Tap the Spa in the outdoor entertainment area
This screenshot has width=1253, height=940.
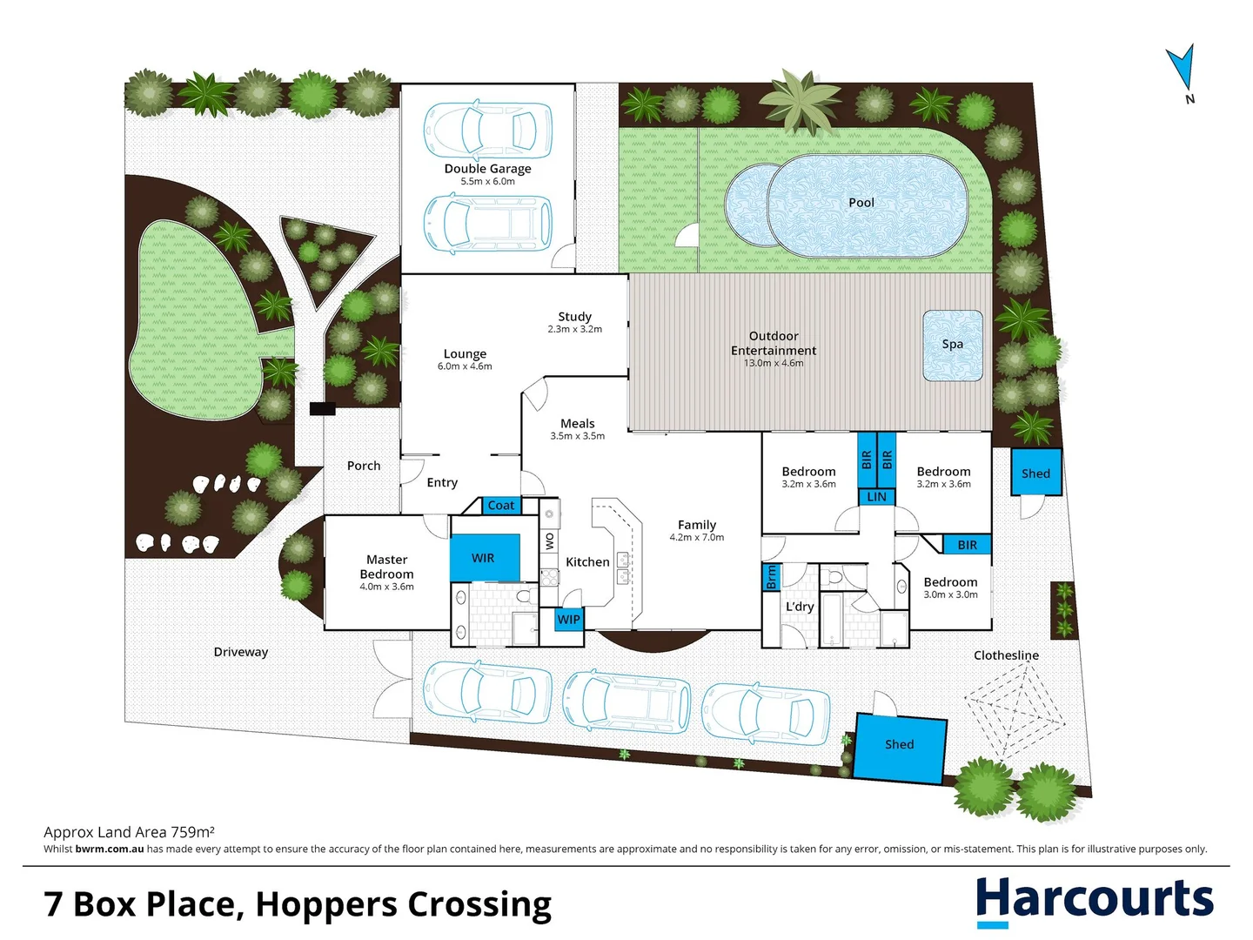coord(953,346)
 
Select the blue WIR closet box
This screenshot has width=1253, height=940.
coord(486,558)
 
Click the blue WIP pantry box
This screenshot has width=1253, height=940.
coord(568,619)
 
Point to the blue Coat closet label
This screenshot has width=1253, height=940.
coord(500,505)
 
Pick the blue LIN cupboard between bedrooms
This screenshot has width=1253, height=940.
coord(877,496)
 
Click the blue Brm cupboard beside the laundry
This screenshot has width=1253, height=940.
coord(771,577)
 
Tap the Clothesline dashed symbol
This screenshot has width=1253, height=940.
coord(1015,714)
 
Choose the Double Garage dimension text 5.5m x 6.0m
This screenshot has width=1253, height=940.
coord(487,182)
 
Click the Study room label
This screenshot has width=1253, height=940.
coord(575,316)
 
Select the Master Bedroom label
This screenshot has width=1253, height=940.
coord(386,567)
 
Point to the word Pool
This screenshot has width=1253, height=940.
coord(861,203)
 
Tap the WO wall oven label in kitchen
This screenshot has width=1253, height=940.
coord(549,540)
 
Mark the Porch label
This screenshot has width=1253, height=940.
coord(364,466)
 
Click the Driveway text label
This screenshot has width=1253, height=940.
coord(241,652)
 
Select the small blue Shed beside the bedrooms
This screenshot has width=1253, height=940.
coord(1036,473)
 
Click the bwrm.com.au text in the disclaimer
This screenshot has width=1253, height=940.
coord(109,849)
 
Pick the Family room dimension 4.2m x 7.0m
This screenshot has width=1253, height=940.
coord(696,537)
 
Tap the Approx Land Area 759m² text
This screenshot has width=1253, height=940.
coord(129,832)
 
